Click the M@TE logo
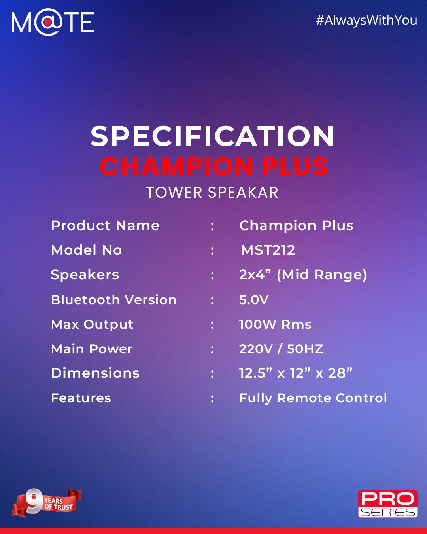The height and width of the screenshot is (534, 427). click(x=53, y=22)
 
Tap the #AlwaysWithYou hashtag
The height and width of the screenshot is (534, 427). click(x=366, y=20)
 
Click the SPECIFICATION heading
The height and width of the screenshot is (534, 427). click(x=212, y=136)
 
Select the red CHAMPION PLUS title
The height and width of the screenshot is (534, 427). click(x=213, y=166)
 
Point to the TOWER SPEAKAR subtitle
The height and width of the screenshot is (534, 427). click(x=212, y=192)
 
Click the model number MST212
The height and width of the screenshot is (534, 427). click(x=268, y=250)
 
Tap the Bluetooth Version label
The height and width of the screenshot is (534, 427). click(x=113, y=300)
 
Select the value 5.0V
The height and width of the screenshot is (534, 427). click(x=254, y=300)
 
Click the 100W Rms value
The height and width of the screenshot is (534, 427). click(x=275, y=324)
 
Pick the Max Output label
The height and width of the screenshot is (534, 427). click(x=92, y=325)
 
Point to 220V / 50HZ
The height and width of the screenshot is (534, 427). click(x=281, y=349)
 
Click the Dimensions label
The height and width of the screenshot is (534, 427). click(x=95, y=373)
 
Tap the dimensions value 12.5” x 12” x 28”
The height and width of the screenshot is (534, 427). click(x=296, y=373)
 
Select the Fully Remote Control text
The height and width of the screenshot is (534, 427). click(x=313, y=398)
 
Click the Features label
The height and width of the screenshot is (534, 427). click(x=81, y=398)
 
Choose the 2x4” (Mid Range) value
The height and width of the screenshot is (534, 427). click(x=303, y=275)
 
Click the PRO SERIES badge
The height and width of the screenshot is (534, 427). click(x=387, y=504)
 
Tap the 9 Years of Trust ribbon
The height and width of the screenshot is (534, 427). click(x=47, y=503)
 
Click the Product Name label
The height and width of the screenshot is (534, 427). click(x=105, y=225)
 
